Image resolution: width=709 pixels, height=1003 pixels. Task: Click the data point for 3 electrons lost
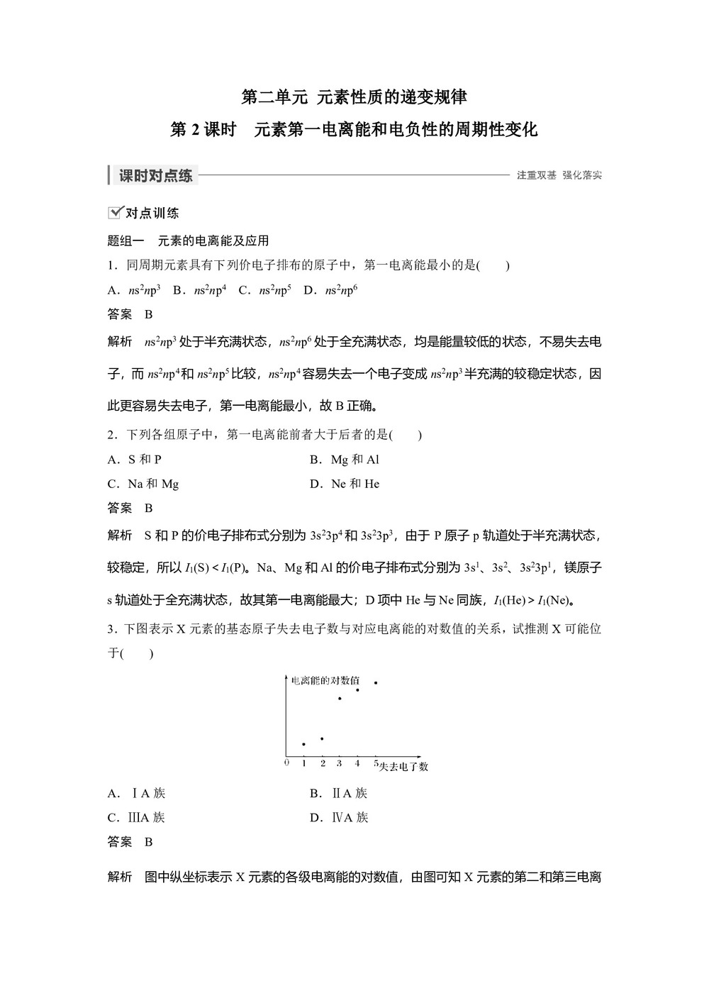coord(340,699)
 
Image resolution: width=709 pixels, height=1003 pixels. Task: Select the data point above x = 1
coord(303,744)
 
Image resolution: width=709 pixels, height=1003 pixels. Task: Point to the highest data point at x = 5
coord(375,682)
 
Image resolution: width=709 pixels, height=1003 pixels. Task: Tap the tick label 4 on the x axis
coord(357,763)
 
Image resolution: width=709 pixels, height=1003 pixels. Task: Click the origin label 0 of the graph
coord(286,763)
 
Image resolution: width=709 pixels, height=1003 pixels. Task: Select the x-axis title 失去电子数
coord(403,766)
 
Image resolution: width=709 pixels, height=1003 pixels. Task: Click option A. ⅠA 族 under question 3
coord(136,793)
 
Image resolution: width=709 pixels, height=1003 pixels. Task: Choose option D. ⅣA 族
coord(339,817)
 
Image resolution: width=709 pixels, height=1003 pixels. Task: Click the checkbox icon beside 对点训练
coord(115,212)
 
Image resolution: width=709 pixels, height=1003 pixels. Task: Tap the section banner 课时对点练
coord(155,176)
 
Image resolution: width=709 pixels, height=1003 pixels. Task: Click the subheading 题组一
coord(125,240)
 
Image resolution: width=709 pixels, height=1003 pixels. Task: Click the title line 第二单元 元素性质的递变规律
coord(354,96)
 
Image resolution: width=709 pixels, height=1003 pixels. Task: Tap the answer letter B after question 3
coord(149,842)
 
